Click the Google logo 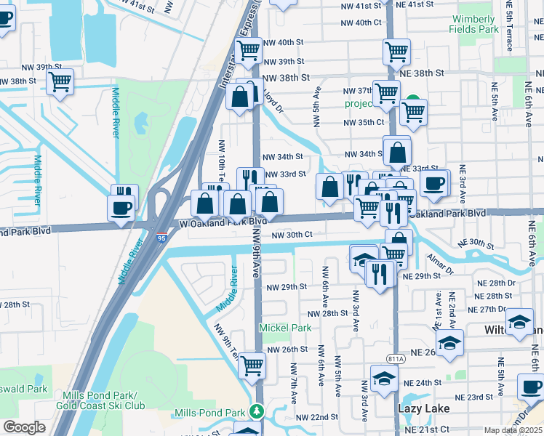25,427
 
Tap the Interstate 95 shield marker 161,238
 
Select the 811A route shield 396,358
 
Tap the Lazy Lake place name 420,409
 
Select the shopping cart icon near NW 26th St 252,366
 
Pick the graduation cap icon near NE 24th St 384,378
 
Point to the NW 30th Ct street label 292,235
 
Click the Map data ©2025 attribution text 512,430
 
